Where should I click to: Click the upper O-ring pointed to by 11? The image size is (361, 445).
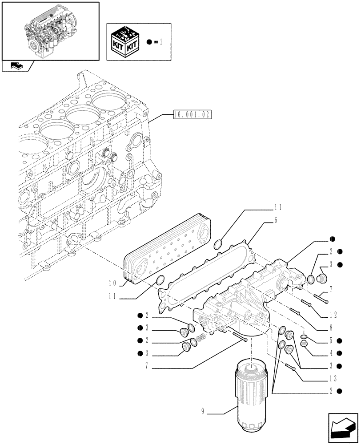click(219, 244)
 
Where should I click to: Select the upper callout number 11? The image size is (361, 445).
click(278, 207)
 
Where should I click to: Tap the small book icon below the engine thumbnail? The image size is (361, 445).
click(17, 66)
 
